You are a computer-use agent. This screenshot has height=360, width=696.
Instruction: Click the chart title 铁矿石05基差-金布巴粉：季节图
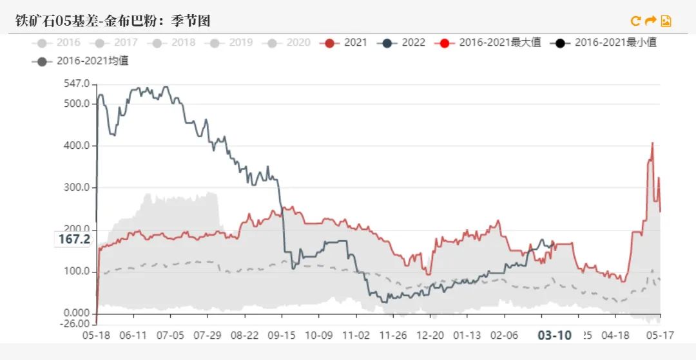click(x=113, y=21)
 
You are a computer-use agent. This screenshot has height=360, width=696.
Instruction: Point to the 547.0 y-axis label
click(x=77, y=84)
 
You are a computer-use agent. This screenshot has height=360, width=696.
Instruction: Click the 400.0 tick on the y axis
click(x=77, y=146)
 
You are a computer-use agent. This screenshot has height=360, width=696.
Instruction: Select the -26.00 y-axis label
click(x=76, y=324)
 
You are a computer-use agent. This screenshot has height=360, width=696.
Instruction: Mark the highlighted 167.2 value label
click(x=74, y=239)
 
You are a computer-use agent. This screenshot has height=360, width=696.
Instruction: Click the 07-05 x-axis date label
click(x=171, y=336)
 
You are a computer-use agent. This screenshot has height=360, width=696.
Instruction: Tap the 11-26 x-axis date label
click(x=393, y=336)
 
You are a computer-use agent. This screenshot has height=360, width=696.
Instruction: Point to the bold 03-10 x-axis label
click(x=554, y=336)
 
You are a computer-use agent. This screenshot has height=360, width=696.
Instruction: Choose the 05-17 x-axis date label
click(x=660, y=336)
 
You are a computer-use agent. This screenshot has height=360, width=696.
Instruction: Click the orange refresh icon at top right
click(x=635, y=21)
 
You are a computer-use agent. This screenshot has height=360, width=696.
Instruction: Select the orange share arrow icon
click(x=650, y=21)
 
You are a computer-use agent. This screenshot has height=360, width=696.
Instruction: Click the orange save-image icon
click(x=666, y=21)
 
